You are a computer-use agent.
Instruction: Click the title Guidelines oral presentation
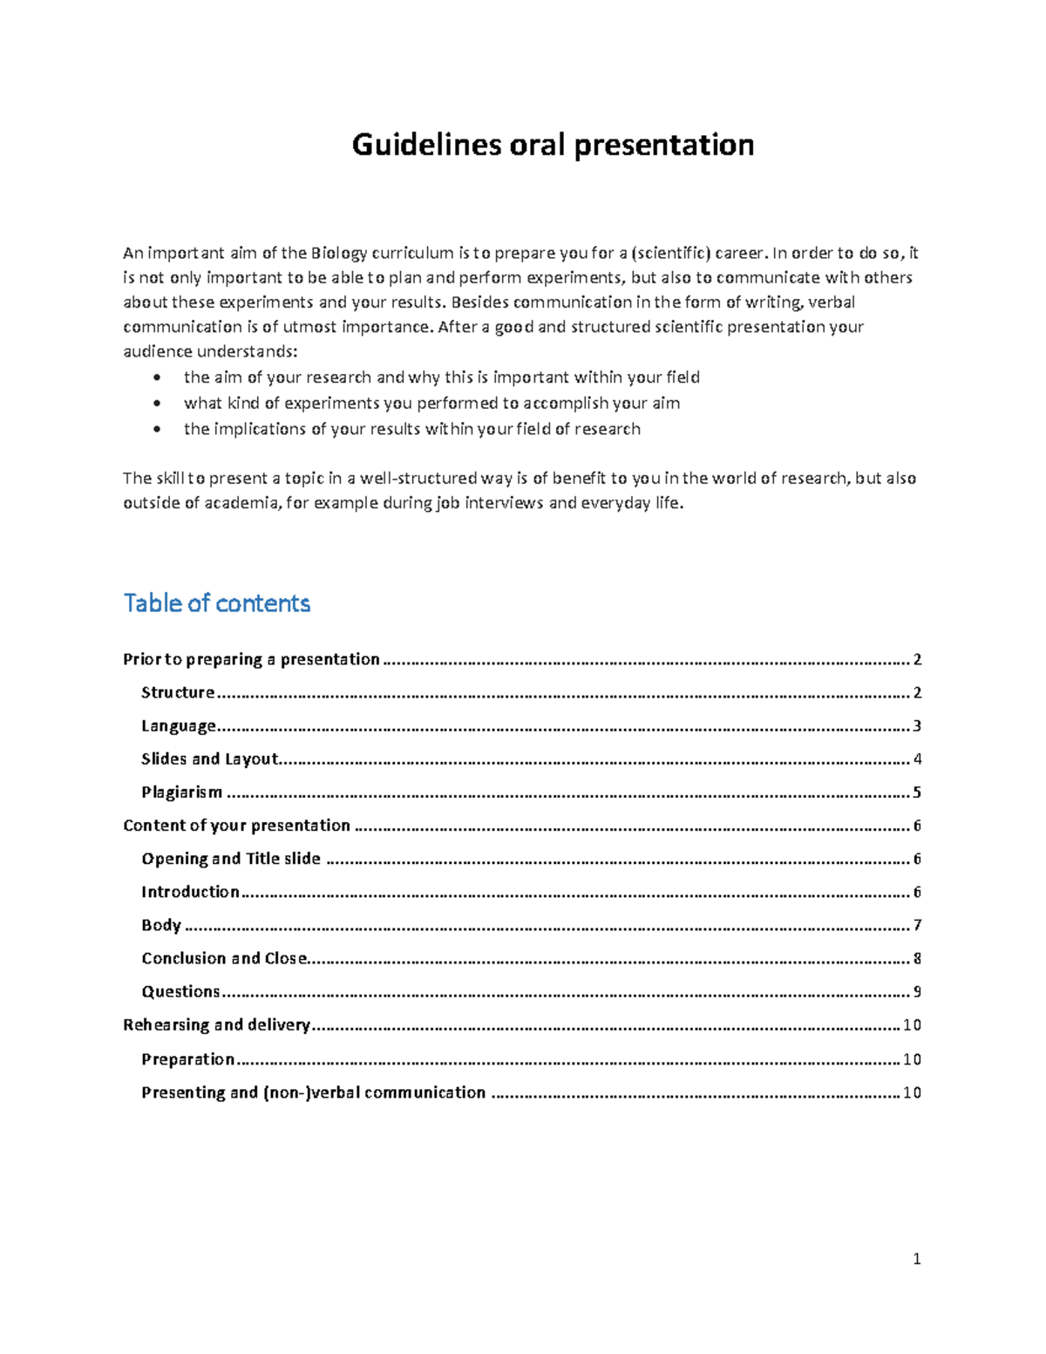[553, 145]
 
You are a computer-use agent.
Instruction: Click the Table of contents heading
[217, 603]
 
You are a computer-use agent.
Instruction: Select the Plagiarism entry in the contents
[182, 793]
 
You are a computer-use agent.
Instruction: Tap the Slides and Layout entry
[209, 759]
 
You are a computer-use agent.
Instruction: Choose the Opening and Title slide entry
[231, 859]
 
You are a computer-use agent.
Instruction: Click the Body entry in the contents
[161, 925]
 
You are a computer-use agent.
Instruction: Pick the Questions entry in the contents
[180, 991]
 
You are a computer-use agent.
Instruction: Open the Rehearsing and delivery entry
[216, 1024]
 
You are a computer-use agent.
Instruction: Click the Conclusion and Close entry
[224, 958]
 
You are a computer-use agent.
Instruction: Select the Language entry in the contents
[178, 726]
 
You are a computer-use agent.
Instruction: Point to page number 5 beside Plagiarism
[916, 793]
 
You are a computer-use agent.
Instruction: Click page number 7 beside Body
[916, 925]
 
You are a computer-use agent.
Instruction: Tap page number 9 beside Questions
[916, 991]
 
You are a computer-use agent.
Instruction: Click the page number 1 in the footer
[916, 1259]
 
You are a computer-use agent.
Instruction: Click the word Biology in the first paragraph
[333, 254]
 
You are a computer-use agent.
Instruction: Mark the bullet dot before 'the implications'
[156, 429]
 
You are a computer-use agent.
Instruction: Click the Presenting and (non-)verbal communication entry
[313, 1092]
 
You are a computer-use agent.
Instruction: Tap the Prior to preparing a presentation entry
[251, 659]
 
